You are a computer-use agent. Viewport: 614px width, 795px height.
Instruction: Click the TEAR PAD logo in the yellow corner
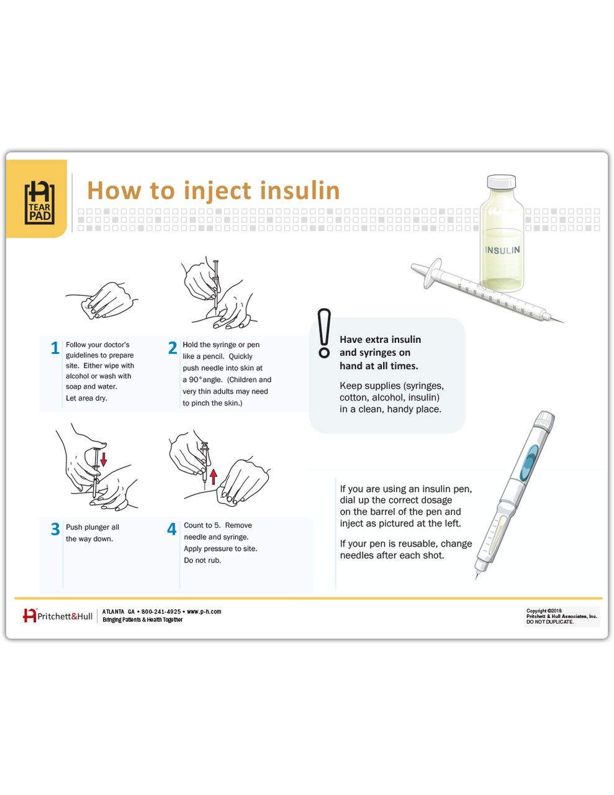(x=38, y=202)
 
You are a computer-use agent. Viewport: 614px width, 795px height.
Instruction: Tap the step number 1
(x=55, y=348)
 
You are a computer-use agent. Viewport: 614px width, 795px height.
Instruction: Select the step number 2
(x=173, y=348)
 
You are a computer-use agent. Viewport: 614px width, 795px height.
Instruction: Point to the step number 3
(x=55, y=529)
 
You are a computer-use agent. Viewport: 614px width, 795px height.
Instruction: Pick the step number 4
(x=172, y=529)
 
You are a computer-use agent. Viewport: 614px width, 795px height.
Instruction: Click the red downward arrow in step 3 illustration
(x=104, y=459)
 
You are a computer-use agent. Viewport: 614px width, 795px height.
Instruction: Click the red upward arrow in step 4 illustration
(x=214, y=476)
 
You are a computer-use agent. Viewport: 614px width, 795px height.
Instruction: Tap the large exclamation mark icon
(x=323, y=334)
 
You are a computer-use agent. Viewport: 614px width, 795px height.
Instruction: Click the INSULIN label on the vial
(x=502, y=250)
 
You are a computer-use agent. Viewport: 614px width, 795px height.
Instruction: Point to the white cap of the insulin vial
(x=501, y=181)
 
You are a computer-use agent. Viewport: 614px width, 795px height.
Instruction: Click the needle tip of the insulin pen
(x=477, y=577)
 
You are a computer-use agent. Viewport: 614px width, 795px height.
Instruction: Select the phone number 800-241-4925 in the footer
(x=161, y=612)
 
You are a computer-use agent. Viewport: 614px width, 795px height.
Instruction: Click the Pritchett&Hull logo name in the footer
(x=65, y=616)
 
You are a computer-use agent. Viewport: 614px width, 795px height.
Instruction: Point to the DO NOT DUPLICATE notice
(x=550, y=622)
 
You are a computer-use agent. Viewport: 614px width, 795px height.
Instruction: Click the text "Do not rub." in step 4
(x=202, y=560)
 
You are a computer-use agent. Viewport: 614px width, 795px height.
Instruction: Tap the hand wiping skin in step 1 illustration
(x=109, y=300)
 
